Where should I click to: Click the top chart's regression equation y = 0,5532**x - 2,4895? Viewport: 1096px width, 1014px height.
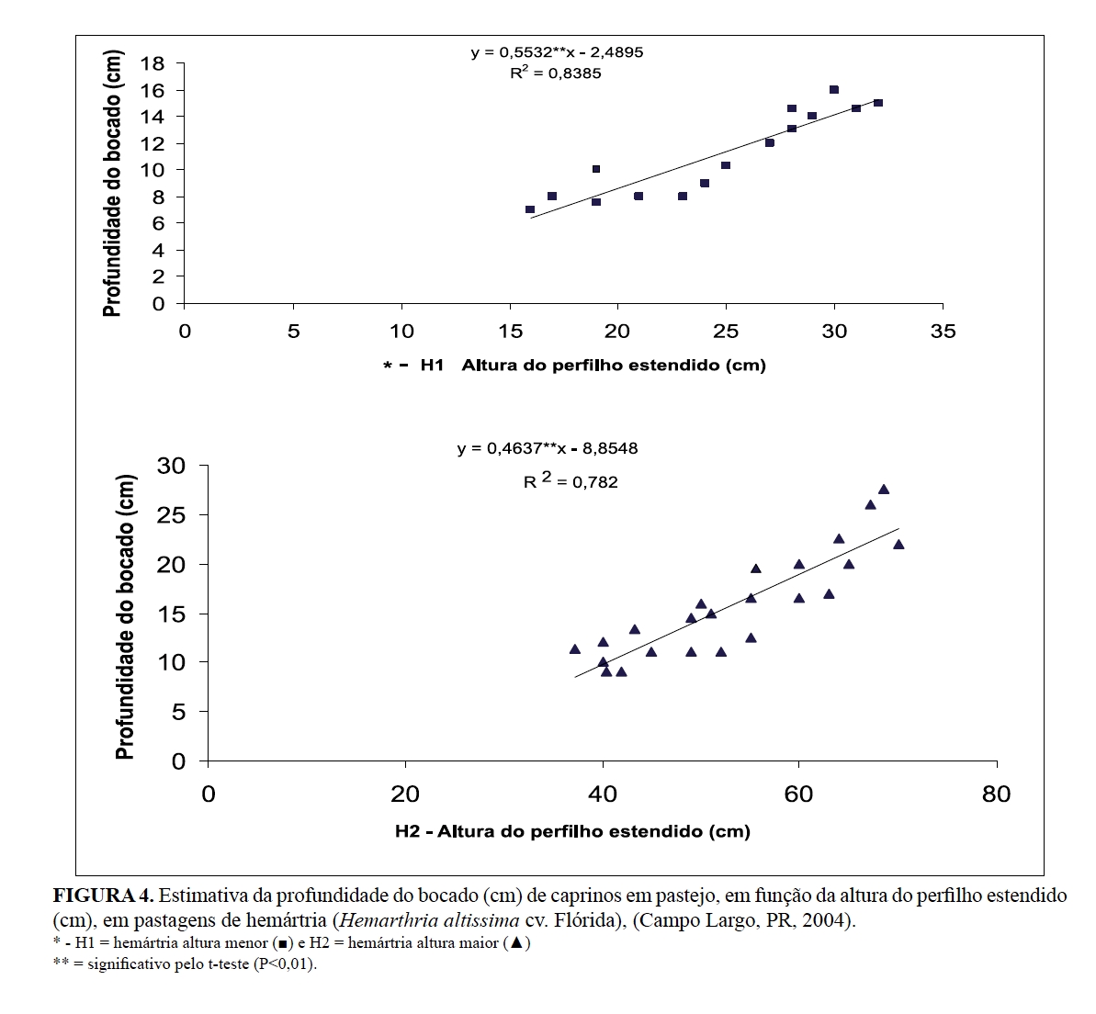pyautogui.click(x=557, y=52)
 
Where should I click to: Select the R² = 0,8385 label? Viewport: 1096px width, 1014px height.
pyautogui.click(x=556, y=73)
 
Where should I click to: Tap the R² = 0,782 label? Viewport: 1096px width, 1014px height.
pyautogui.click(x=571, y=480)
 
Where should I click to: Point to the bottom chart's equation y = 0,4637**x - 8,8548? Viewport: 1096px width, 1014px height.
pyautogui.click(x=548, y=449)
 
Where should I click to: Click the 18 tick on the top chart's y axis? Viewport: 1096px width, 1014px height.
pyautogui.click(x=153, y=63)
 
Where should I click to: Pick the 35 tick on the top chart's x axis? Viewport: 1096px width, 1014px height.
pyautogui.click(x=943, y=332)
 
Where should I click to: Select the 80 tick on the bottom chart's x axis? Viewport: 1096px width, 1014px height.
pyautogui.click(x=996, y=794)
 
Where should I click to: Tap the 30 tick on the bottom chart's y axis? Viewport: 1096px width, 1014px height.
pyautogui.click(x=172, y=466)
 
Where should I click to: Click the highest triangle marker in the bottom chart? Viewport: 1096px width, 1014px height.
pyautogui.click(x=884, y=490)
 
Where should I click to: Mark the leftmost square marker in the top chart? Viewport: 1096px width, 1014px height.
pyautogui.click(x=530, y=209)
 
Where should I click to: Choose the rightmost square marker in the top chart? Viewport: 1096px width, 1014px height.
pyautogui.click(x=878, y=103)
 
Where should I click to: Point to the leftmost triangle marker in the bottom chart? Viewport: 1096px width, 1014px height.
pyautogui.click(x=575, y=649)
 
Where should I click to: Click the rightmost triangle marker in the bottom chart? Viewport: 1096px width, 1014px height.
pyautogui.click(x=898, y=545)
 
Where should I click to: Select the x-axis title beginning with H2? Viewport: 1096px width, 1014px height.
pyautogui.click(x=572, y=832)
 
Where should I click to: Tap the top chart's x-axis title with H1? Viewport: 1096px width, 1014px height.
pyautogui.click(x=574, y=366)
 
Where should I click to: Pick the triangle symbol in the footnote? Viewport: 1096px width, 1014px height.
pyautogui.click(x=516, y=942)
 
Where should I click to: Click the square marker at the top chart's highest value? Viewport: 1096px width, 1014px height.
pyautogui.click(x=834, y=90)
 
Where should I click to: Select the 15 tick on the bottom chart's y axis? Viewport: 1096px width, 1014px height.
pyautogui.click(x=172, y=614)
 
